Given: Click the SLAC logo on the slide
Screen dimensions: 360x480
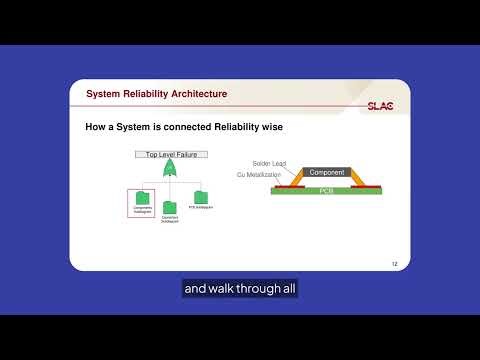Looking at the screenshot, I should coord(379,103).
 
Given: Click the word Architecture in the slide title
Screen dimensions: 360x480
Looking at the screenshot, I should coord(193,94).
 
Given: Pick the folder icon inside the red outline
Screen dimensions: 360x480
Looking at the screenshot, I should coord(142,197).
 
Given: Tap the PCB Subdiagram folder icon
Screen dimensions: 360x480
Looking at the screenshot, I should coord(200,197).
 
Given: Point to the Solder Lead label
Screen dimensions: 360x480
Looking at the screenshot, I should coord(269,162).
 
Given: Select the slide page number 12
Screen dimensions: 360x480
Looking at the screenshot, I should coord(395,264).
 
